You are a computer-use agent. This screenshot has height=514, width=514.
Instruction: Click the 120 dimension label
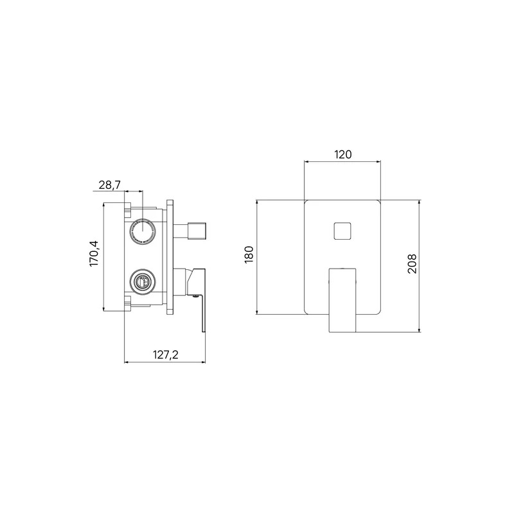[343, 154]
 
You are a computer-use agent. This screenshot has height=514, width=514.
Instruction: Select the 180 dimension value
[249, 254]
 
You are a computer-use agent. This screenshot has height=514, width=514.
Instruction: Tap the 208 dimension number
[412, 263]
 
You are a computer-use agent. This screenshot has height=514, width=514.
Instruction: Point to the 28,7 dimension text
[110, 185]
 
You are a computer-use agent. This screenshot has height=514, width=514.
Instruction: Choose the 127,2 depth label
[166, 355]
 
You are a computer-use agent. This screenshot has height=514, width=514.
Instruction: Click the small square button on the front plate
[342, 231]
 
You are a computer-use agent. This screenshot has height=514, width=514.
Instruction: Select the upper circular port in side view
[143, 231]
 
